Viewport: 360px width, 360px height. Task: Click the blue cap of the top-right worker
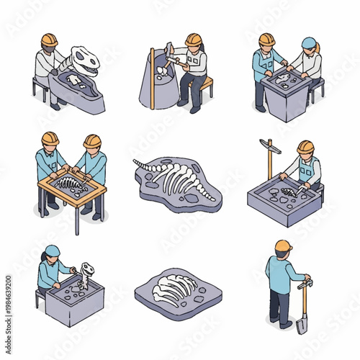click(x=309, y=43)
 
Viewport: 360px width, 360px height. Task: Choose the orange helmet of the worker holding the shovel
click(x=283, y=246)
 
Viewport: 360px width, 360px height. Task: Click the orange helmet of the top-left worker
click(x=49, y=39)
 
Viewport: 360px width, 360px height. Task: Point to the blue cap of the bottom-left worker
click(x=53, y=251)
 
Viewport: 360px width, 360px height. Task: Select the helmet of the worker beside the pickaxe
click(x=305, y=147)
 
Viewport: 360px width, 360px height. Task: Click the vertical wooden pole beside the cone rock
click(x=152, y=79)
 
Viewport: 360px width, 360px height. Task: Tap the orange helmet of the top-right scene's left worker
click(x=267, y=39)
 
